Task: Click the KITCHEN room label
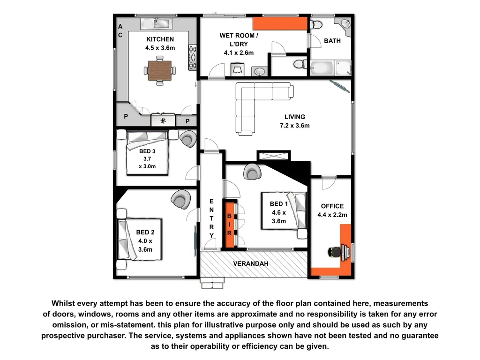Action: (x=160, y=39)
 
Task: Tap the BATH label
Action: (x=332, y=41)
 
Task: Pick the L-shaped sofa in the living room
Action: (x=255, y=103)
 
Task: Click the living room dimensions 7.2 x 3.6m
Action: (x=294, y=125)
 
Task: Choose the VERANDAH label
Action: (x=251, y=264)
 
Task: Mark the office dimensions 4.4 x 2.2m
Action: (x=332, y=215)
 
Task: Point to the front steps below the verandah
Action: (x=213, y=283)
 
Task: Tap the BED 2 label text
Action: (x=145, y=232)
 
